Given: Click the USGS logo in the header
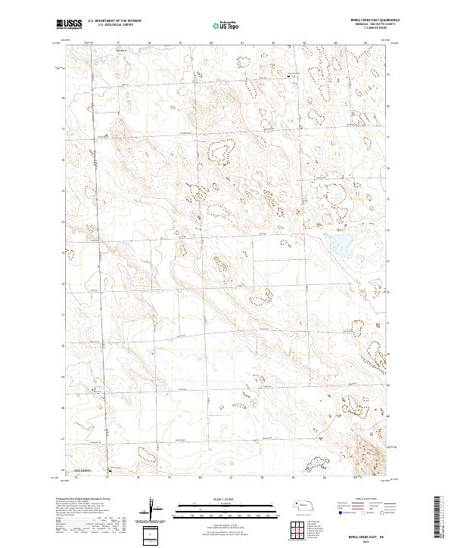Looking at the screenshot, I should (x=69, y=25).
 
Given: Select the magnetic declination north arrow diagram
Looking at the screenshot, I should (x=152, y=510).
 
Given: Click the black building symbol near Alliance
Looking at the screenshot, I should (x=107, y=475).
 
